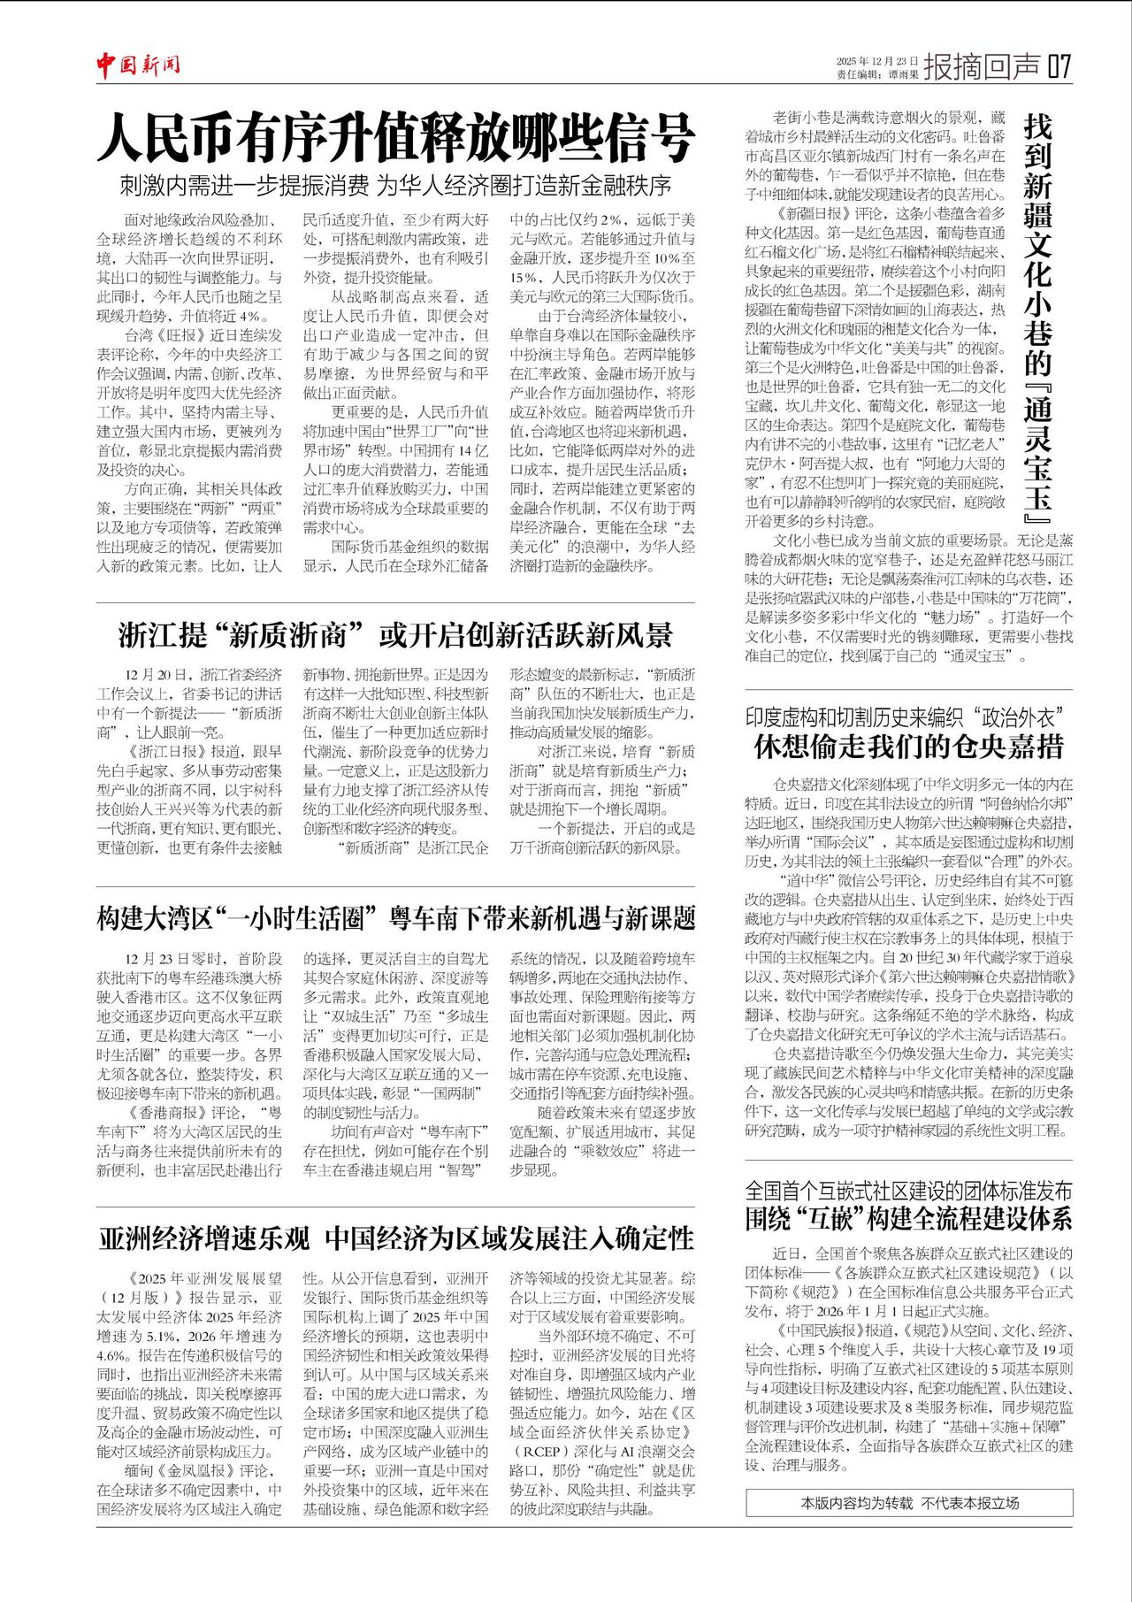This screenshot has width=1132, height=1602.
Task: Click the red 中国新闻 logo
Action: coord(139,64)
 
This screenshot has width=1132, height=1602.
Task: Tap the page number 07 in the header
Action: coord(1059,66)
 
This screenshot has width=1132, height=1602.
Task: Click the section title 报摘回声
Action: coord(982,66)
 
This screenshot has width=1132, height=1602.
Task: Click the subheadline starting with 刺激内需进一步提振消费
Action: coord(395,186)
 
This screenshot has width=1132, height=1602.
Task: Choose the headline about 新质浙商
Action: coord(395,635)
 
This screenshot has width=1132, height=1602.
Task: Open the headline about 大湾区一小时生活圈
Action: coord(395,918)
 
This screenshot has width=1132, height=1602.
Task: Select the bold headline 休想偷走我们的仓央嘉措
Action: coord(908,747)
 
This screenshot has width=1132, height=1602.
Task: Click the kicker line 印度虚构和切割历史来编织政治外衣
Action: coord(903,717)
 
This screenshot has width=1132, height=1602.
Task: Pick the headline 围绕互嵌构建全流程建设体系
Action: coord(908,1219)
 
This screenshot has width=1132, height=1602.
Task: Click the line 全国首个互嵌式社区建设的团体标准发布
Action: coord(908,1190)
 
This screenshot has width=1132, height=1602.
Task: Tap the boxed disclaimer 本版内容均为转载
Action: coord(909,1503)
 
